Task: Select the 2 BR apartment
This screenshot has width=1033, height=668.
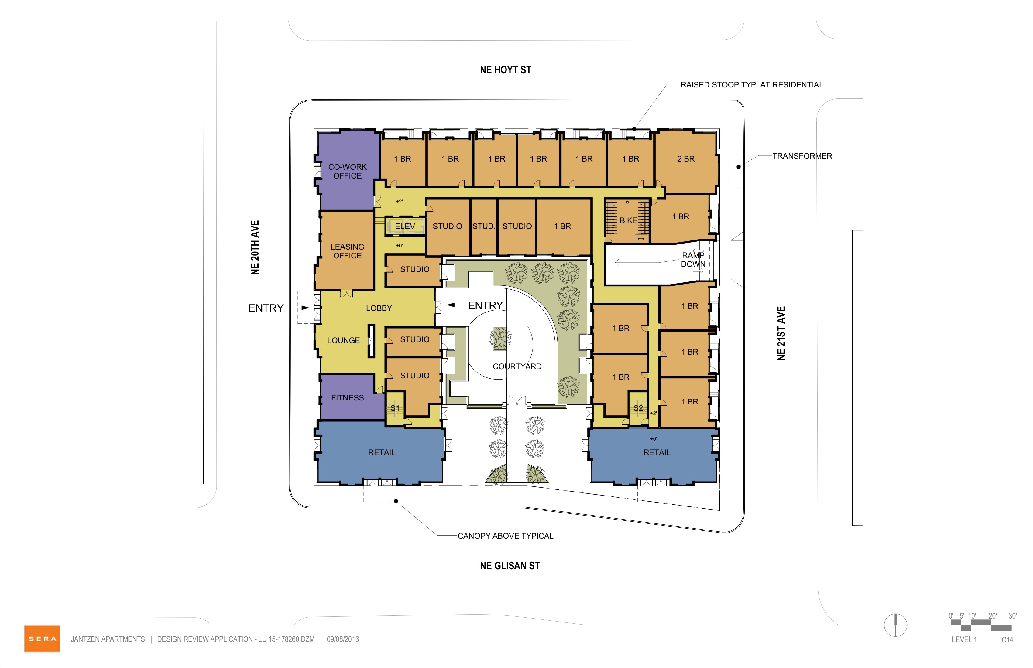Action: pyautogui.click(x=686, y=161)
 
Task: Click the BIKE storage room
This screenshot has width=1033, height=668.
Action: pyautogui.click(x=628, y=220)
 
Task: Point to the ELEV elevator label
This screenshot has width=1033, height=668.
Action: pyautogui.click(x=404, y=226)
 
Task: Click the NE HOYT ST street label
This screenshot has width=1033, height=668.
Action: pyautogui.click(x=506, y=70)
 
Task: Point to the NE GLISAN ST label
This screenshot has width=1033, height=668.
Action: pyautogui.click(x=510, y=566)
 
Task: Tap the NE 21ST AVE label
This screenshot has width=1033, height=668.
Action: pyautogui.click(x=781, y=333)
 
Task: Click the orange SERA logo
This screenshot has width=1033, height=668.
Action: pyautogui.click(x=42, y=639)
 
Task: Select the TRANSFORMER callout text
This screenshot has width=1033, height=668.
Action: pyautogui.click(x=802, y=156)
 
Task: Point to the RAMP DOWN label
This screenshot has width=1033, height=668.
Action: pyautogui.click(x=693, y=259)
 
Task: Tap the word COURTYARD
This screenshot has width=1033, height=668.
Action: pyautogui.click(x=517, y=366)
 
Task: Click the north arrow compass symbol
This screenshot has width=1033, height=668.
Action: pyautogui.click(x=895, y=625)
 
